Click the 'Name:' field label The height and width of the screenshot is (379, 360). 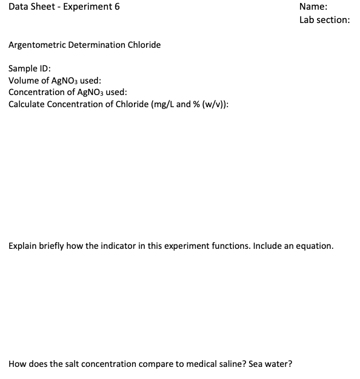pyautogui.click(x=313, y=7)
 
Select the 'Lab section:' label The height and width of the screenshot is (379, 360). pyautogui.click(x=324, y=19)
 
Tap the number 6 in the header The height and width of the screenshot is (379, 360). pyautogui.click(x=117, y=7)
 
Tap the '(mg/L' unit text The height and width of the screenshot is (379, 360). pyautogui.click(x=162, y=104)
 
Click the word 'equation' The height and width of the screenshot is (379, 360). pyautogui.click(x=313, y=246)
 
